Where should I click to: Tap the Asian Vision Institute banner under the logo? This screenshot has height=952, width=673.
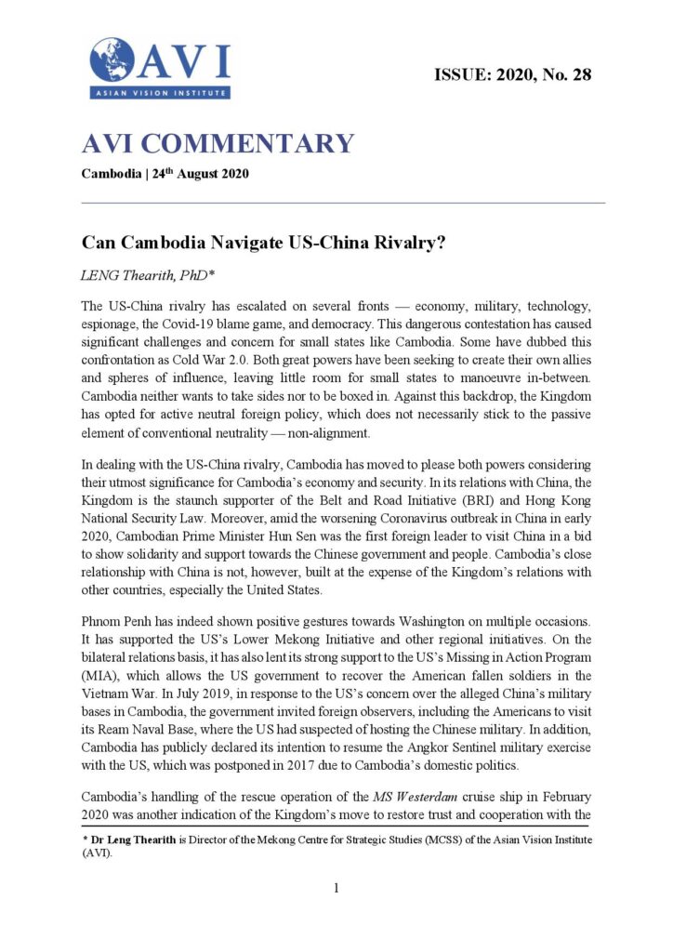(x=159, y=92)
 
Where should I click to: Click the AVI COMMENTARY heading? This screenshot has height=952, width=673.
(x=218, y=144)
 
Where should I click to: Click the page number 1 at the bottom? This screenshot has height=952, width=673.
(x=336, y=888)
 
